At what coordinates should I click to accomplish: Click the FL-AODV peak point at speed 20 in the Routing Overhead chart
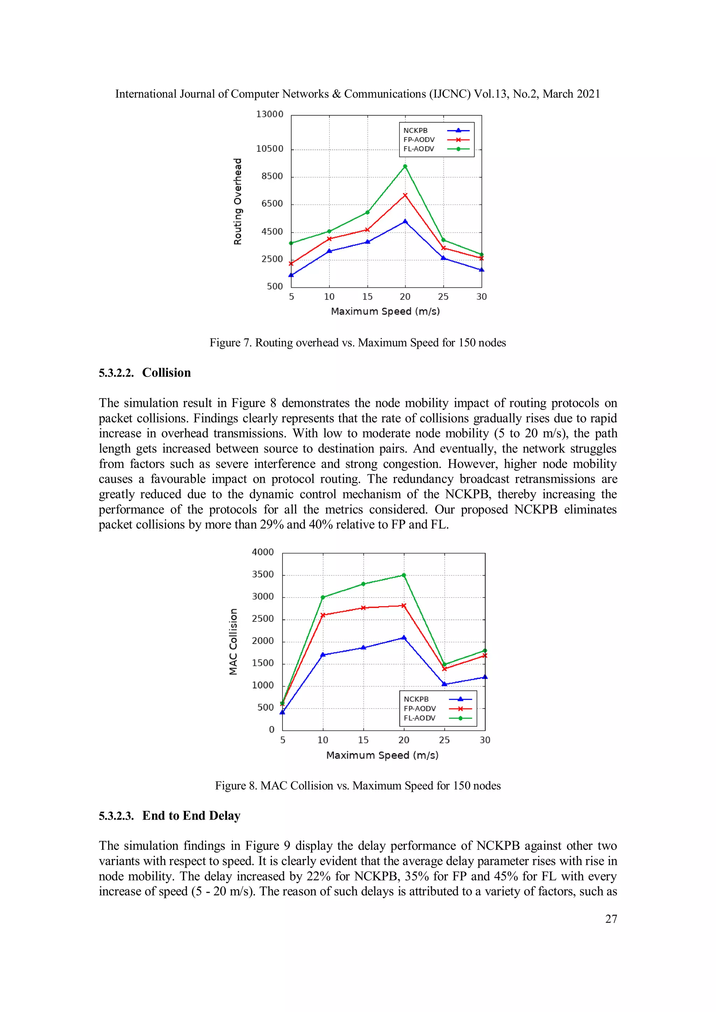click(x=405, y=166)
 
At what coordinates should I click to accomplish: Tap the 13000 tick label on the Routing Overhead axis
click(x=270, y=114)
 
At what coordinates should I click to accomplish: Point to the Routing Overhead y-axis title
click(x=238, y=201)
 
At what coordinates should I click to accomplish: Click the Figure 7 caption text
click(x=358, y=343)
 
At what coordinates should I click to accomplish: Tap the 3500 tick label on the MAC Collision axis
click(x=263, y=574)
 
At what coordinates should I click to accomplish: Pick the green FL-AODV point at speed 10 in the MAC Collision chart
click(x=323, y=597)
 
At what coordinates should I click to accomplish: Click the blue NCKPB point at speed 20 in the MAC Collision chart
click(x=404, y=637)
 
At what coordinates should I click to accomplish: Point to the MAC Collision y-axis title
click(x=233, y=642)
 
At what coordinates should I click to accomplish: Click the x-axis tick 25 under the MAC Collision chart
click(x=444, y=740)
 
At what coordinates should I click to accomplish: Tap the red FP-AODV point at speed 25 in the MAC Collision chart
click(x=444, y=669)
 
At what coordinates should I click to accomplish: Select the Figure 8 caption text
click(x=358, y=785)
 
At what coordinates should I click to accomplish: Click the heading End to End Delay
click(x=191, y=816)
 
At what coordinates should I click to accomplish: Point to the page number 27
click(x=611, y=919)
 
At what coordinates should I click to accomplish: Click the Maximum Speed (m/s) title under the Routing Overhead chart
click(x=385, y=311)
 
